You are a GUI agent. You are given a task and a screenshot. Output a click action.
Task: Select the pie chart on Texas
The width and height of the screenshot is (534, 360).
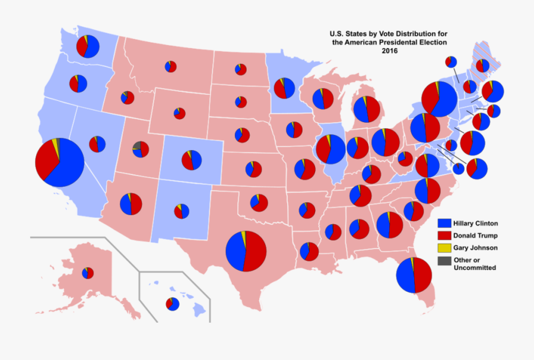[246, 251]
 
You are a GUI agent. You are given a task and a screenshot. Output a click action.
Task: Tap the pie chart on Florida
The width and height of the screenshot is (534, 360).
[414, 275]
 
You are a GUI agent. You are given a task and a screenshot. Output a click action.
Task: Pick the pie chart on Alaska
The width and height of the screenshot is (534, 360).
[88, 273]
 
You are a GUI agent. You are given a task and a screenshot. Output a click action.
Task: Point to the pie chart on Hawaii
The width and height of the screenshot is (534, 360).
[173, 304]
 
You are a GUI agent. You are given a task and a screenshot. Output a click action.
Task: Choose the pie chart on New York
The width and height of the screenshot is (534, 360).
[440, 99]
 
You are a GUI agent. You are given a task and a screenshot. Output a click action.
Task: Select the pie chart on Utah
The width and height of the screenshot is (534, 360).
[141, 149]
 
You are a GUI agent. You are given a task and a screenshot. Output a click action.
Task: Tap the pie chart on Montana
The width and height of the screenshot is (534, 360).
[171, 66]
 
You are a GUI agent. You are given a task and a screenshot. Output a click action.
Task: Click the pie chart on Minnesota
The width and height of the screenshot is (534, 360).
[284, 88]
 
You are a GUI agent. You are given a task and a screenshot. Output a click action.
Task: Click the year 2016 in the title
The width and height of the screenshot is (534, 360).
[389, 51]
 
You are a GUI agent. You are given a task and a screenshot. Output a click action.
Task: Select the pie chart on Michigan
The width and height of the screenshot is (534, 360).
[367, 109]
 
